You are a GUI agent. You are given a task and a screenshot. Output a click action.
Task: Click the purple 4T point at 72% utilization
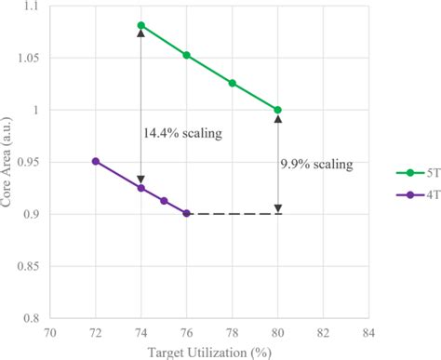pyautogui.click(x=95, y=161)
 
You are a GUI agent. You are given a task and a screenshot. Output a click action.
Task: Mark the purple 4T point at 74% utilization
pyautogui.click(x=140, y=188)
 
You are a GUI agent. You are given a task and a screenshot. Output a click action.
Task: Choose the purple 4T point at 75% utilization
pyautogui.click(x=164, y=201)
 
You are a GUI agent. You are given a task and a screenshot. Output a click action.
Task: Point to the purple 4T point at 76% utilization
pyautogui.click(x=186, y=213)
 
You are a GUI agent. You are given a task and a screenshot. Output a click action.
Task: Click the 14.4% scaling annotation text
pyautogui.click(x=183, y=132)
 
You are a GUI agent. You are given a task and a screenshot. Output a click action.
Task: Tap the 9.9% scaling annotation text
pyautogui.click(x=316, y=165)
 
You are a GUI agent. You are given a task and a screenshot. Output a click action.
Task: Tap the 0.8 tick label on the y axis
pyautogui.click(x=31, y=317)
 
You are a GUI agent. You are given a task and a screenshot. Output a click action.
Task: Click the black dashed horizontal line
pyautogui.click(x=233, y=213)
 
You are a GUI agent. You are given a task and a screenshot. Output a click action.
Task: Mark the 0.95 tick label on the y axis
pyautogui.click(x=28, y=162)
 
